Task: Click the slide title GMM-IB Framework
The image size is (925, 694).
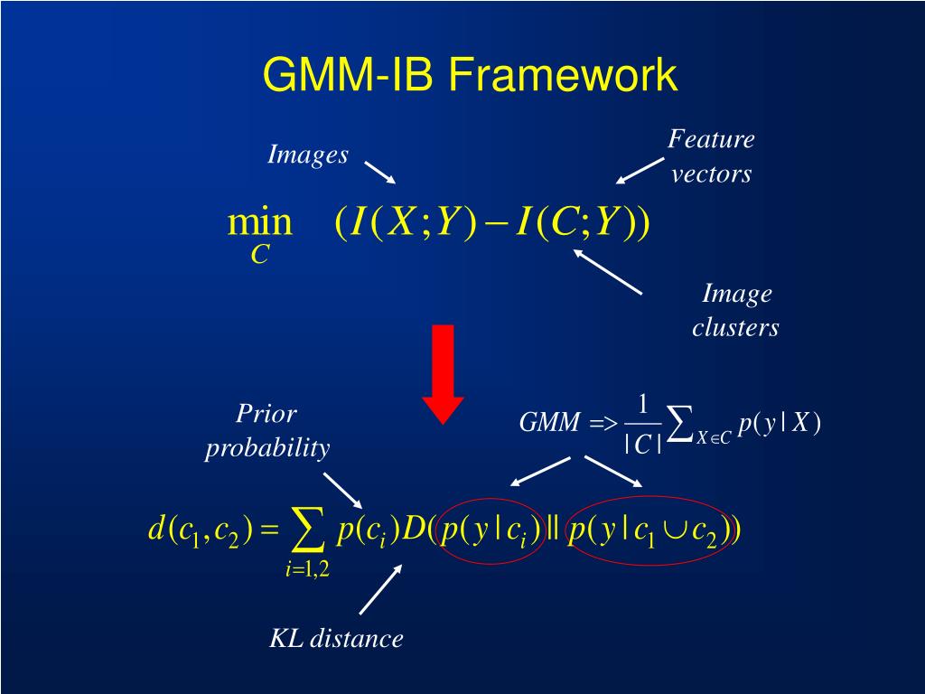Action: pos(469,74)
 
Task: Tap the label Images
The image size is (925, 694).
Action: pos(308,155)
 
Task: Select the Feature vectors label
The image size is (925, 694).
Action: pos(711,156)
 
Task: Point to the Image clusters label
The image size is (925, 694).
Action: pos(736,310)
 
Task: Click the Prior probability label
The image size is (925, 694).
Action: pos(266,431)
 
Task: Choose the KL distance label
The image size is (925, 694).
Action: pos(336,639)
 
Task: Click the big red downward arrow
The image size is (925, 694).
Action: pos(444,373)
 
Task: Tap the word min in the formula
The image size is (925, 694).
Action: pos(260,222)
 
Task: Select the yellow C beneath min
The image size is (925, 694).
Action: pos(260,256)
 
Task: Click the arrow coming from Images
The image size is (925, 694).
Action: pos(379,172)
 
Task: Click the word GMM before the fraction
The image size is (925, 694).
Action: pos(549,423)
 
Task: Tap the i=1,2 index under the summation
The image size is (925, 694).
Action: pos(307,568)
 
